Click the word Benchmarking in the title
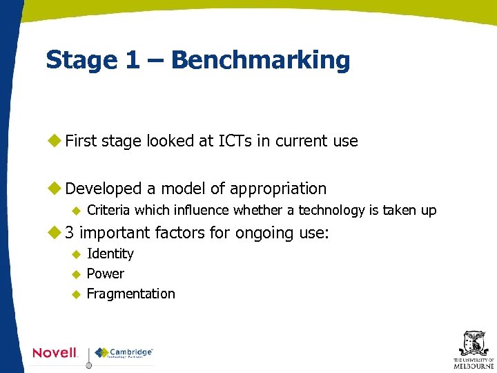260,60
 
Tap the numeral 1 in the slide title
131,60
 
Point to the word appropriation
278,189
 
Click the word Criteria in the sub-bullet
109,210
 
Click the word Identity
110,254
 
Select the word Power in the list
106,274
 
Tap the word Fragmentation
131,294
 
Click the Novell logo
55,352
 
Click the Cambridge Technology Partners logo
124,352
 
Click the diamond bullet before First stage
54,142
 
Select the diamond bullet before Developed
54,189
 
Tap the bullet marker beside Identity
77,254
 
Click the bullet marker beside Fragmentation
77,294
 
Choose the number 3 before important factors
70,233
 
